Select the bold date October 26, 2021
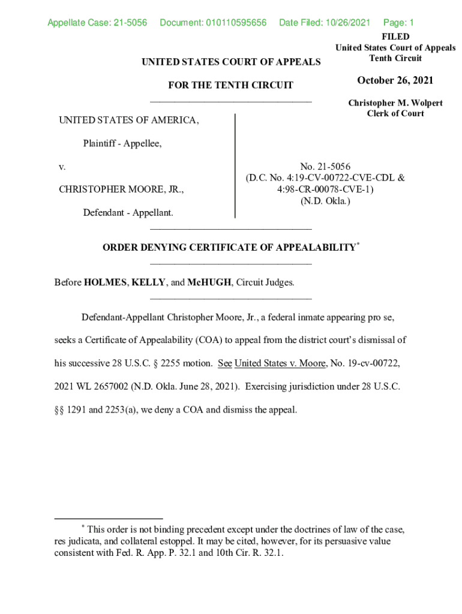coord(395,80)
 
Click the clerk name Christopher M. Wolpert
coord(395,103)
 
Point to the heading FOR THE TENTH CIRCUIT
coord(230,85)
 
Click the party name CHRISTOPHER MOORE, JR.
coord(121,189)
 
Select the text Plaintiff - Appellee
coord(122,144)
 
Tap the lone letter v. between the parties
coord(62,167)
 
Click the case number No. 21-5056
coord(325,167)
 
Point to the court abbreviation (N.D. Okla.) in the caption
coord(325,201)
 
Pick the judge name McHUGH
coord(209,282)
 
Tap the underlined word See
coord(224,363)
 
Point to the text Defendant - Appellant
coord(128,212)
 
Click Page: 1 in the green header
coord(398,23)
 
